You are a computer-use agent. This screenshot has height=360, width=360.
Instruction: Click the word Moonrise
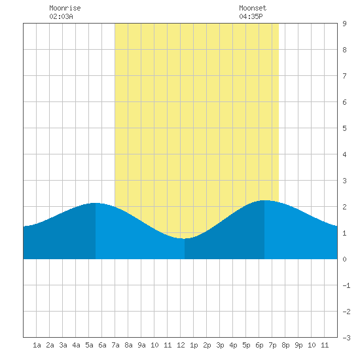65,8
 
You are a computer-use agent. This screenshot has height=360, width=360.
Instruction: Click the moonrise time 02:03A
61,16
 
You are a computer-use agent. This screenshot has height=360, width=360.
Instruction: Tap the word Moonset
253,8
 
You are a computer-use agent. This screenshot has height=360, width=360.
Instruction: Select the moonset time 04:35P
251,16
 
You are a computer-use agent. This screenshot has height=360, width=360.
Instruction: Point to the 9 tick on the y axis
344,24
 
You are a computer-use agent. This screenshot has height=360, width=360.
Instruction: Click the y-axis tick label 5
344,128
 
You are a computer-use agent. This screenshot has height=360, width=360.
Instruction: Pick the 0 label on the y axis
344,259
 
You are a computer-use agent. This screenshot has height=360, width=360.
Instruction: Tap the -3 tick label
346,338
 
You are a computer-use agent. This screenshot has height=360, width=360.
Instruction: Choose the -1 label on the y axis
346,285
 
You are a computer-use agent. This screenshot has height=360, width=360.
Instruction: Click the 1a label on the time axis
37,345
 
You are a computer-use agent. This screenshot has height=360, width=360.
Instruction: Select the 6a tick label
102,345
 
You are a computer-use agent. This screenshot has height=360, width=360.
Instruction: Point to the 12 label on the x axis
181,345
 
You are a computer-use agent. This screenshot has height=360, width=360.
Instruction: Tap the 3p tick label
220,345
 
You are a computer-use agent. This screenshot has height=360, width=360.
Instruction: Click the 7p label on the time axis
272,345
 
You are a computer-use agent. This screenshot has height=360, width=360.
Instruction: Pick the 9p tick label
298,345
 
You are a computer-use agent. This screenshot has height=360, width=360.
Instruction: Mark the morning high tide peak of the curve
96,203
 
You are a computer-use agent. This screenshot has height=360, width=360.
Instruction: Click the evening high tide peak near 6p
264,201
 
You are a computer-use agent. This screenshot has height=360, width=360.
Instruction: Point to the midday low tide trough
185,238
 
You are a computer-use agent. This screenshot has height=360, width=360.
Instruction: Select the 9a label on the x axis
141,345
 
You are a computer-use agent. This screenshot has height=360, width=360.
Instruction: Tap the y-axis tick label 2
344,207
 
